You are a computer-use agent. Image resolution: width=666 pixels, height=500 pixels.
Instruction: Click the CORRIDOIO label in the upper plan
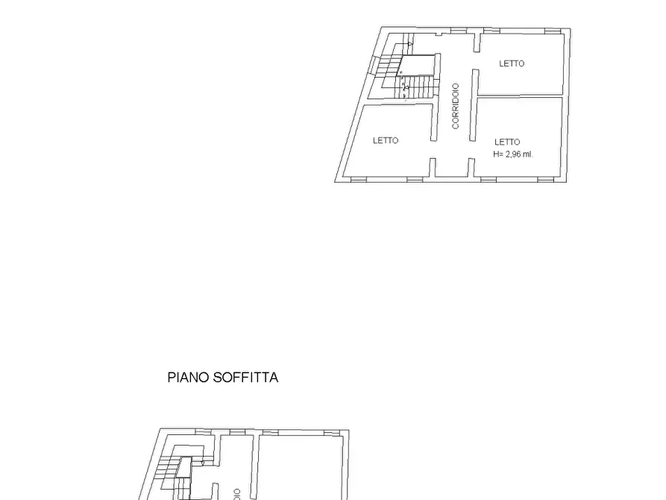coord(456,106)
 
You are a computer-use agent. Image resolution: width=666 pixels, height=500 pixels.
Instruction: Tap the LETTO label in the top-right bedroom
coord(512,63)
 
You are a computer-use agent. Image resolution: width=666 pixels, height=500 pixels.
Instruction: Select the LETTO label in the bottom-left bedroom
coord(386,140)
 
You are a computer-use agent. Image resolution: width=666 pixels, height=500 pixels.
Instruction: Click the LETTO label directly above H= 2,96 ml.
coord(507,142)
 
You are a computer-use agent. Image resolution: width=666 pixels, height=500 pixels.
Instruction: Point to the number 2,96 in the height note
coord(515,154)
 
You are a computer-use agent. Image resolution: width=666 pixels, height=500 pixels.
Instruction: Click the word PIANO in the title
coord(189,378)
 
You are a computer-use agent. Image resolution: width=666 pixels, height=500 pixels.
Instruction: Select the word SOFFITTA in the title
coord(245,378)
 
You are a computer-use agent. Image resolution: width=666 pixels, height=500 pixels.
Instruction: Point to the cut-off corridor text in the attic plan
coord(237,493)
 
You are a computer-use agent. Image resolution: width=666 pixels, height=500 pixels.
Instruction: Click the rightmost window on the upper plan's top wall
coord(552,31)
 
